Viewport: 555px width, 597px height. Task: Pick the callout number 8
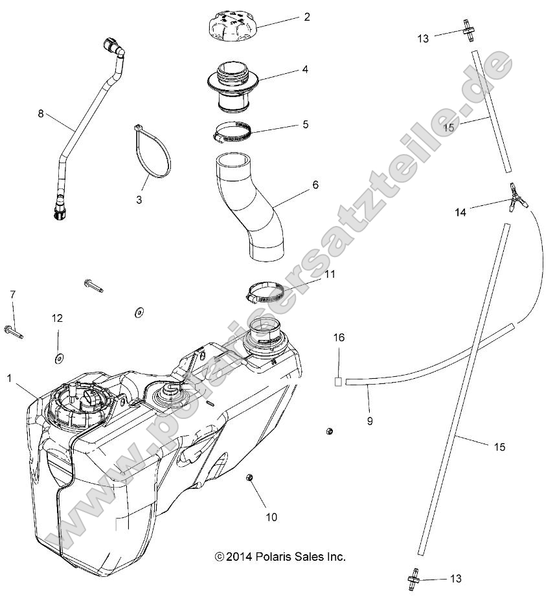tap(41, 114)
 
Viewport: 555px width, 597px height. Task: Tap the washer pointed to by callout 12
tap(59, 357)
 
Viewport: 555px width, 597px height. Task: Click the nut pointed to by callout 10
tap(249, 478)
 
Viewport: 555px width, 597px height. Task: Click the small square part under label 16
tap(337, 381)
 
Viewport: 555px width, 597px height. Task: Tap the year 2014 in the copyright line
tap(240, 556)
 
